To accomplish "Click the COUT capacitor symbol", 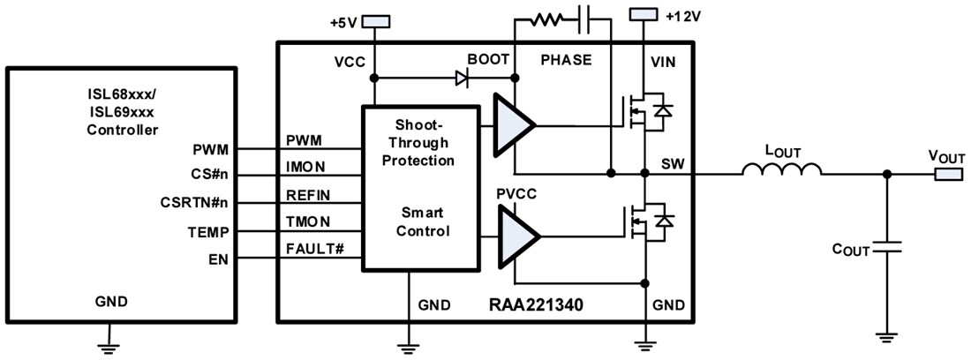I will [886, 251].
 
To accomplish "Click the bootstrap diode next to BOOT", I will [461, 78].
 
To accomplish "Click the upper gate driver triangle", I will [516, 126].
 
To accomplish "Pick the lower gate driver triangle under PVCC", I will [516, 236].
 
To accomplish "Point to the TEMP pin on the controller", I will [210, 232].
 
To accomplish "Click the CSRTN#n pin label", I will [197, 203].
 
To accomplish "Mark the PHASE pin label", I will [565, 60].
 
